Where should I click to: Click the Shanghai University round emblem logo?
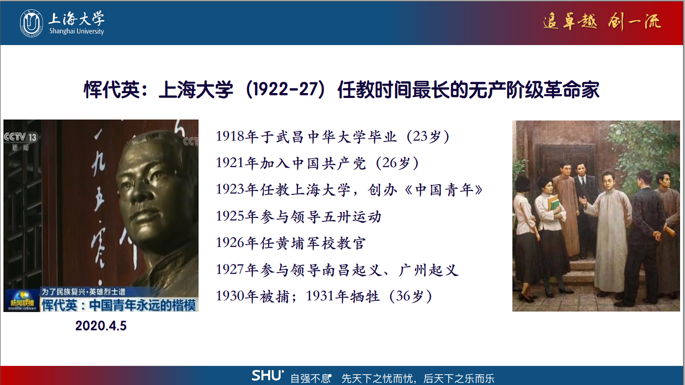coord(31,23)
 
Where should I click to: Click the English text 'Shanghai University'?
coord(77,31)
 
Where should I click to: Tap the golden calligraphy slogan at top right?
coord(602,22)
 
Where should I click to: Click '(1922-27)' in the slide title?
coord(285,90)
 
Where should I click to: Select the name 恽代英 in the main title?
coord(112,90)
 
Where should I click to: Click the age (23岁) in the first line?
coord(428,137)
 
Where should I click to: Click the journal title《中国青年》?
coord(444,190)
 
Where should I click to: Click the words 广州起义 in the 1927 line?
coord(428,270)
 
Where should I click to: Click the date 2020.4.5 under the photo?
coord(101,326)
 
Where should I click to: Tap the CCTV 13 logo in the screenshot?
coord(20,137)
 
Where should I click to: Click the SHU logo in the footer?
coord(268,376)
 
